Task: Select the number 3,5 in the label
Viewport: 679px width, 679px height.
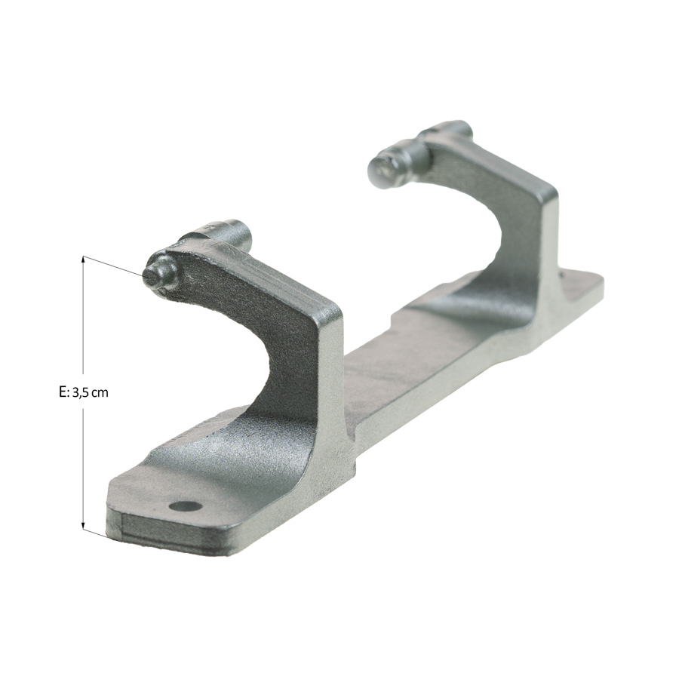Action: click(80, 393)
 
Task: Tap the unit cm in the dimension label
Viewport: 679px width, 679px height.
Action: click(100, 394)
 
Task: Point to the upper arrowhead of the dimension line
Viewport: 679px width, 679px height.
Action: click(83, 260)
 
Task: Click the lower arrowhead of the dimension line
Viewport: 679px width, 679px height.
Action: click(83, 525)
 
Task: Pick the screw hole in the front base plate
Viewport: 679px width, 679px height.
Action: click(186, 505)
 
